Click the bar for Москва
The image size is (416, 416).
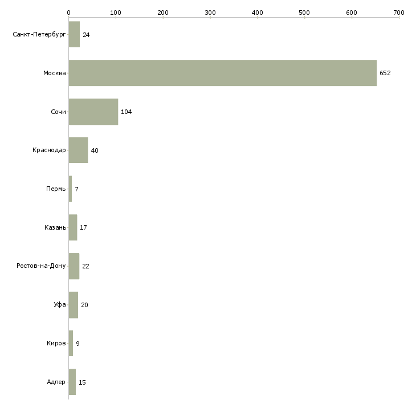pyautogui.click(x=223, y=73)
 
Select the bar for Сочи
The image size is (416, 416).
pyautogui.click(x=93, y=112)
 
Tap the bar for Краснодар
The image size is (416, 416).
pyautogui.click(x=78, y=150)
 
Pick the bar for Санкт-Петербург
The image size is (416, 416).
pyautogui.click(x=74, y=34)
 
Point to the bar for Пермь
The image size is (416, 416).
pyautogui.click(x=70, y=189)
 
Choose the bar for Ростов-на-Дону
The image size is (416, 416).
pyautogui.click(x=74, y=266)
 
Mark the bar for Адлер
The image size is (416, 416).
pyautogui.click(x=72, y=382)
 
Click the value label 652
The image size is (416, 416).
pyautogui.click(x=385, y=73)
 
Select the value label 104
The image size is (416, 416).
pyautogui.click(x=127, y=112)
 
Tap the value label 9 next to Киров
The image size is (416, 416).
pyautogui.click(x=78, y=344)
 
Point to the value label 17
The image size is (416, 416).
pyautogui.click(x=83, y=227)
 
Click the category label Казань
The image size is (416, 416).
pyautogui.click(x=55, y=227)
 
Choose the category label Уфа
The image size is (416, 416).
pyautogui.click(x=60, y=304)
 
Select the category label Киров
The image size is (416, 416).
pyautogui.click(x=56, y=343)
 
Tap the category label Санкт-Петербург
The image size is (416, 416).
pyautogui.click(x=39, y=35)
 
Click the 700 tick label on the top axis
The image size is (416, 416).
pyautogui.click(x=399, y=13)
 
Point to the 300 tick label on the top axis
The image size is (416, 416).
pyautogui.click(x=210, y=13)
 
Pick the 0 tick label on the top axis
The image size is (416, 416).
pyautogui.click(x=69, y=13)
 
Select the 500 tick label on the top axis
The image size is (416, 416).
pyautogui.click(x=304, y=13)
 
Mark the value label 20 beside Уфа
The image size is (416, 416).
pyautogui.click(x=85, y=305)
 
